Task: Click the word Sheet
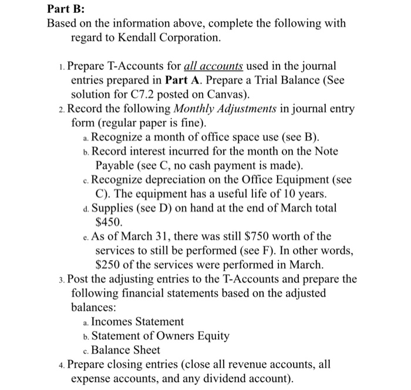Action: pyautogui.click(x=146, y=350)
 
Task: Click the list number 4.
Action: pyautogui.click(x=62, y=364)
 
